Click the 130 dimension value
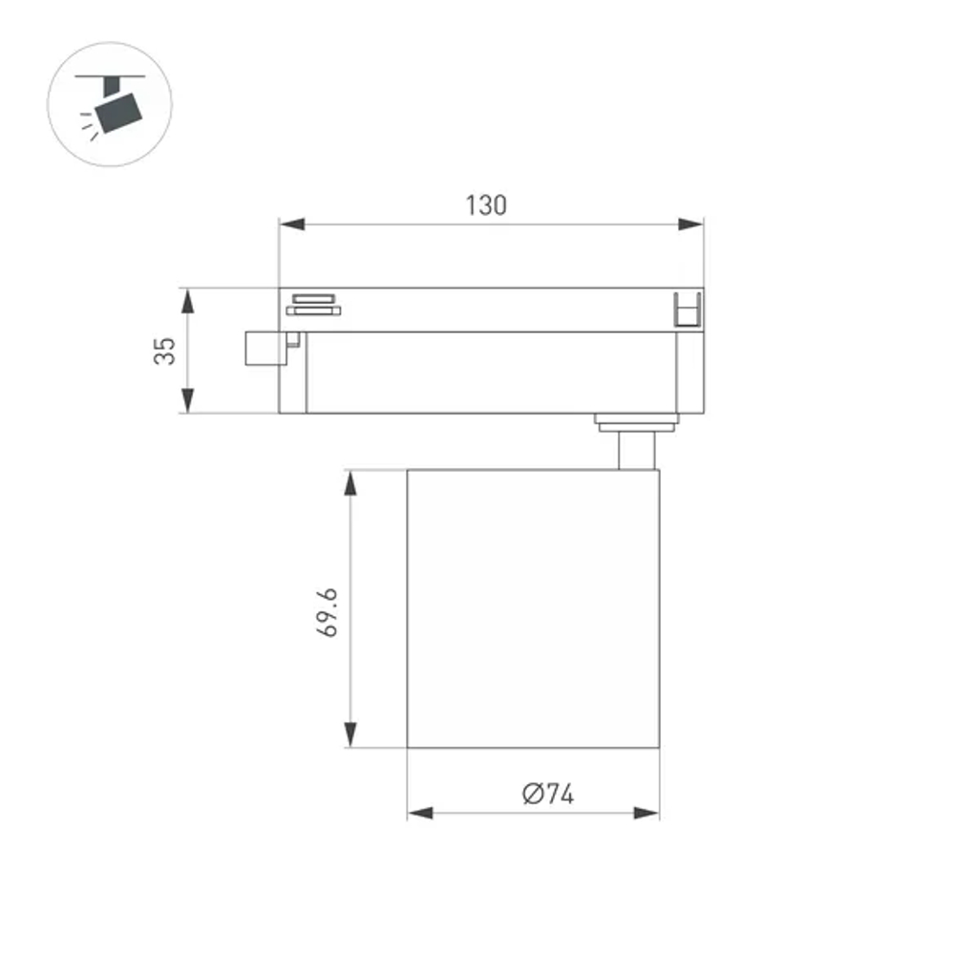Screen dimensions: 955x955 click(x=486, y=205)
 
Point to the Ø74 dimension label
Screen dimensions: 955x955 click(x=548, y=794)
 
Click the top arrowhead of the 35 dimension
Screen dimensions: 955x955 click(x=188, y=300)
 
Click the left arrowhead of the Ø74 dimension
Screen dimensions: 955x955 click(x=420, y=814)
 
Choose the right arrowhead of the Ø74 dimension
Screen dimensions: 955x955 click(x=647, y=814)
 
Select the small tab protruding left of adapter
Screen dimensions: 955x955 click(x=265, y=348)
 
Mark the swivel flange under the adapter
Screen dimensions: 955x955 click(x=636, y=421)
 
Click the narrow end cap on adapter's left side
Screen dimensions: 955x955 click(x=292, y=372)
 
